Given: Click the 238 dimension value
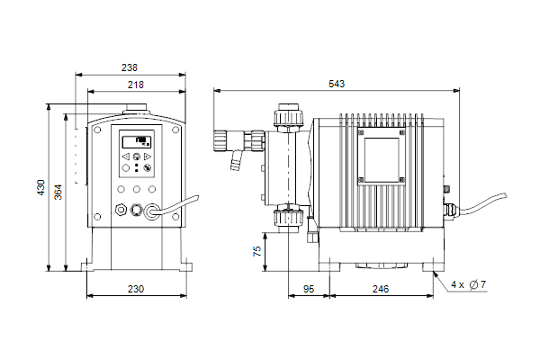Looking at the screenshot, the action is [x=130, y=67].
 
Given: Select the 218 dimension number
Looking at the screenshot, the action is [x=136, y=85].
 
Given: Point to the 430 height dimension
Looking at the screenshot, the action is [x=41, y=187].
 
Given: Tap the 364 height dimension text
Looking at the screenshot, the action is [x=58, y=193].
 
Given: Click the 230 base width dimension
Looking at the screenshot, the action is [x=136, y=289].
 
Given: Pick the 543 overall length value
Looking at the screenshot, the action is [x=337, y=84].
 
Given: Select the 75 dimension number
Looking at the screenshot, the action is [x=257, y=251].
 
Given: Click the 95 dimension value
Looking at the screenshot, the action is [x=309, y=289].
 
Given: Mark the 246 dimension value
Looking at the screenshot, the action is [x=381, y=289].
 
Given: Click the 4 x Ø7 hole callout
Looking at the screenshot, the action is [x=468, y=284].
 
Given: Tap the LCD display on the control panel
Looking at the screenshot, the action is [x=137, y=141].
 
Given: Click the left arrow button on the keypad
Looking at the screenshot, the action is [x=126, y=157].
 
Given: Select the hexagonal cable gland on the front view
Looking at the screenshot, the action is [x=121, y=209].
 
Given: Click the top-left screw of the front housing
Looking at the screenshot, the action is [x=97, y=130].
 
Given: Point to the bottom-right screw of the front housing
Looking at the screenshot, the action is [x=175, y=217].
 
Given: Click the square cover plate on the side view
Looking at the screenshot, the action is [x=382, y=156].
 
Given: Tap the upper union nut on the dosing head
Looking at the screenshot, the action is [x=289, y=117].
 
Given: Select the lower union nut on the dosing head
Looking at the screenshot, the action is [x=289, y=218].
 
